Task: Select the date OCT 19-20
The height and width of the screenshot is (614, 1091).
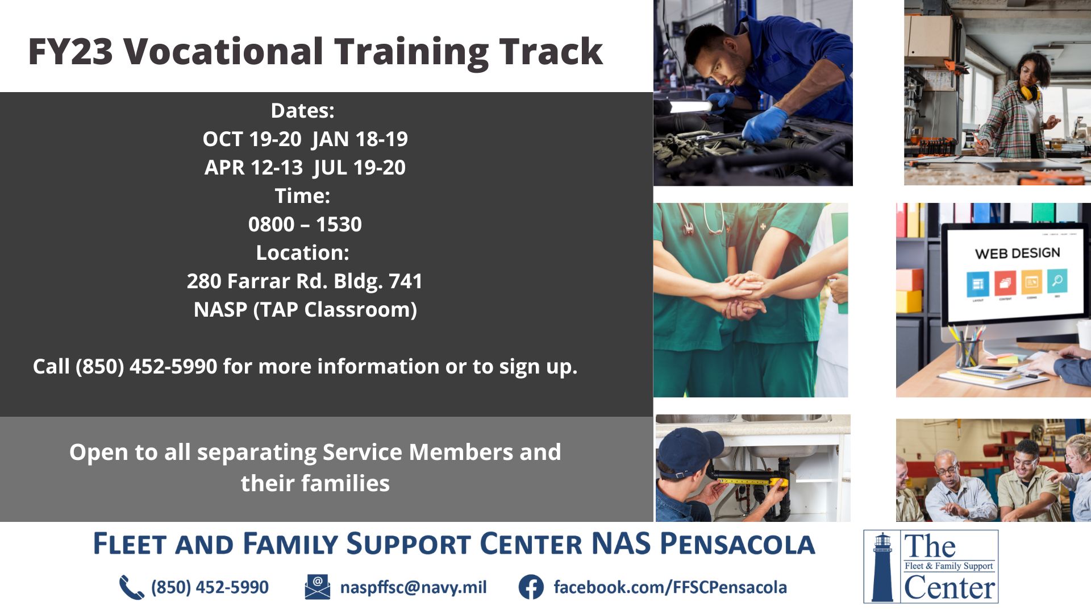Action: (252, 139)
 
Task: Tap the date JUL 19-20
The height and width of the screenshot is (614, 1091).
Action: (360, 168)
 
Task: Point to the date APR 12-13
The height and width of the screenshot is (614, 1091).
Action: (253, 168)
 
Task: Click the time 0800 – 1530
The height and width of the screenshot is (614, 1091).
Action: (305, 225)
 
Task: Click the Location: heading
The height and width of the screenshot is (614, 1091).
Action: (302, 253)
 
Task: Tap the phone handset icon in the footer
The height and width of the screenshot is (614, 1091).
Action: (131, 587)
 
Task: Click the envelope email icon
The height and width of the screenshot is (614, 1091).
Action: (317, 587)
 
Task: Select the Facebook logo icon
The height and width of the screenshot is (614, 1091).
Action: (531, 587)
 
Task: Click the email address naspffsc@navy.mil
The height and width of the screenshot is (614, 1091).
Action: (414, 587)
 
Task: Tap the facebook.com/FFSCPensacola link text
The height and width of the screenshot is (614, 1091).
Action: (671, 587)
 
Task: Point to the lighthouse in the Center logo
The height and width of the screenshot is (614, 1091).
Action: (882, 567)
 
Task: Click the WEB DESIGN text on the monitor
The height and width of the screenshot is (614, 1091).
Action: (1018, 253)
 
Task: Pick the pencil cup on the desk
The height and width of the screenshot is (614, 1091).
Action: (967, 353)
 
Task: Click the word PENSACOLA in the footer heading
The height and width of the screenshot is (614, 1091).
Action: (738, 544)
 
